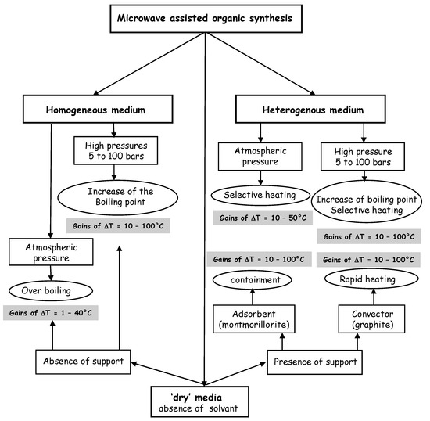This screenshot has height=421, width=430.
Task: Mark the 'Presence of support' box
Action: point(317,362)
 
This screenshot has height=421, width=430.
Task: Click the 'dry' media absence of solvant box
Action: point(206,401)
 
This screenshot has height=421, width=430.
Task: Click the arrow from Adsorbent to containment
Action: point(252,298)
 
